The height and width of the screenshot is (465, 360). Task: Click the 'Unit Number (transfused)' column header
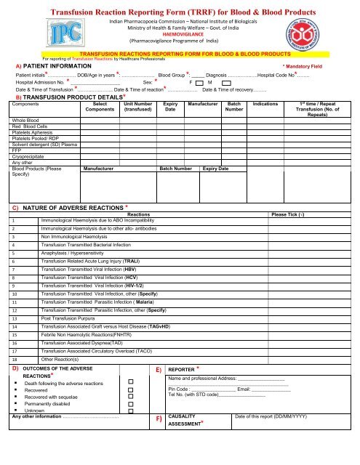(137, 109)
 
